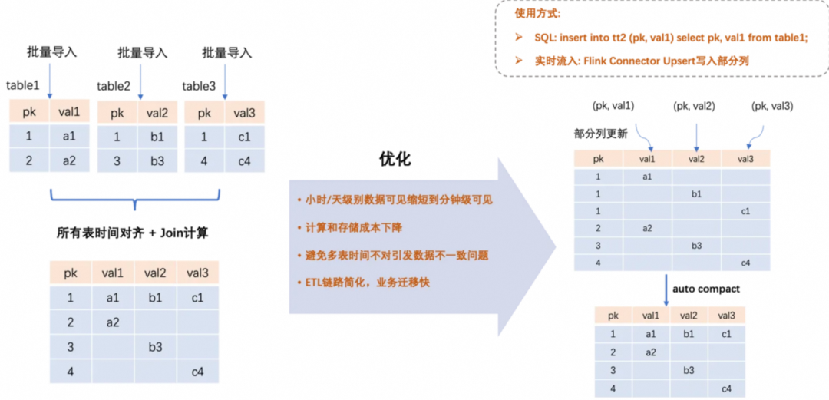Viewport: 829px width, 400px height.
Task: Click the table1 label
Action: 22,85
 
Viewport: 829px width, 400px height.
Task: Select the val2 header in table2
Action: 158,113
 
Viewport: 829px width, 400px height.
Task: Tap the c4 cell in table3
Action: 244,162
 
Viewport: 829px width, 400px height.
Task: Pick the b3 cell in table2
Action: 158,162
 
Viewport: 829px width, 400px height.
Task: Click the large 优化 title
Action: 395,159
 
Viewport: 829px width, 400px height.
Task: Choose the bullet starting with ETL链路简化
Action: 364,282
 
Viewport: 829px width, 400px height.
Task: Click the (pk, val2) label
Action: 694,105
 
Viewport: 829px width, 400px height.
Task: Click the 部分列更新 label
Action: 600,133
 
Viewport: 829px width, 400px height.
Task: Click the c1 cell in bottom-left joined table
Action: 197,297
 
